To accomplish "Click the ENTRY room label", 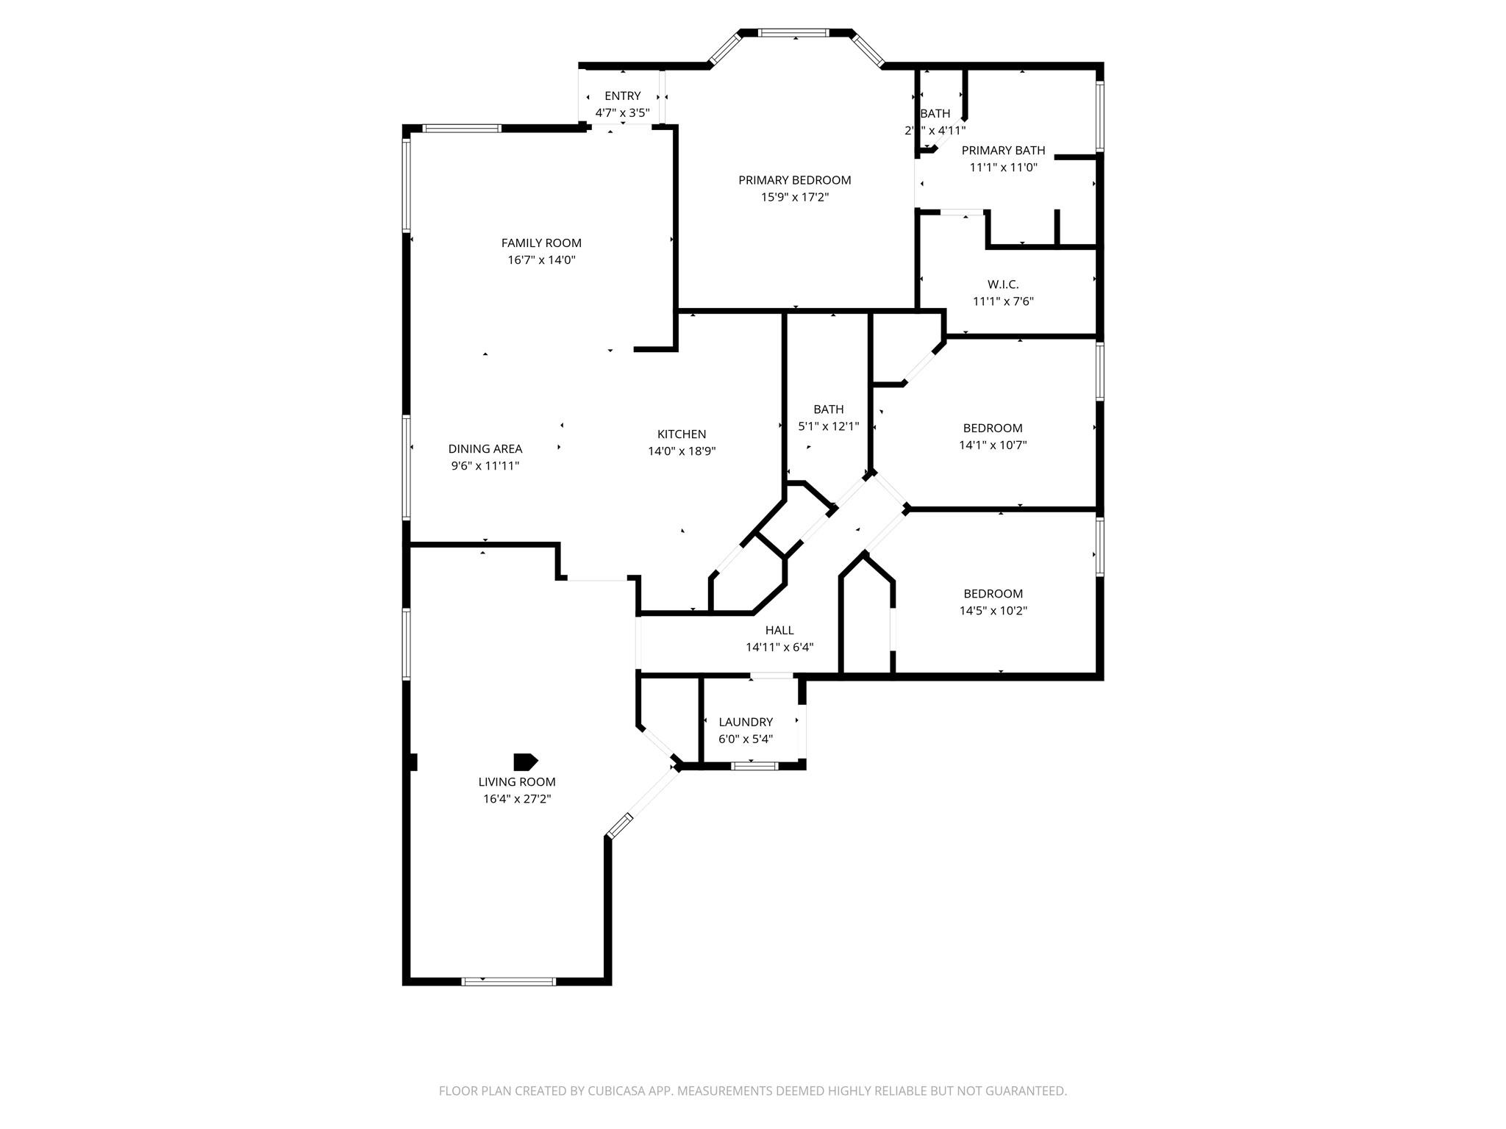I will coord(622,96).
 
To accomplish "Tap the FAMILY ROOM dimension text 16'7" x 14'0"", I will coord(541,260).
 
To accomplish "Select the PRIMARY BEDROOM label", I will coord(794,180).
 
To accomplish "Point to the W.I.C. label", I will coord(1003,284).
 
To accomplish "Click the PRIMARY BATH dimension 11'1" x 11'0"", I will coord(1003,168).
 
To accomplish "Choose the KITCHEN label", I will coord(681,434).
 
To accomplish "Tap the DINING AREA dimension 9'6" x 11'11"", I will coord(485,466).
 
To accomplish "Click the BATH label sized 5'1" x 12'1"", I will coord(828,409).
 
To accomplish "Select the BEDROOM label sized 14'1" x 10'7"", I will coord(992,428).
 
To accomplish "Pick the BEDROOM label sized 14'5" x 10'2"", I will coord(993,594).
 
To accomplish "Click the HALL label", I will coord(779,630).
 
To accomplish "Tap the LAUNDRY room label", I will coord(745,722).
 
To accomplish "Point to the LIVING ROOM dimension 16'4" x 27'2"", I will coord(516,799).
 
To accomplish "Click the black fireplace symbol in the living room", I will coord(525,761).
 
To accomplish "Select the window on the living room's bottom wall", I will coord(508,981).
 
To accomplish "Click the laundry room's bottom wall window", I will coord(754,766).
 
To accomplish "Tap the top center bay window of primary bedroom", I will coord(793,33).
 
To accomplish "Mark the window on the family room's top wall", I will coord(463,129).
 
